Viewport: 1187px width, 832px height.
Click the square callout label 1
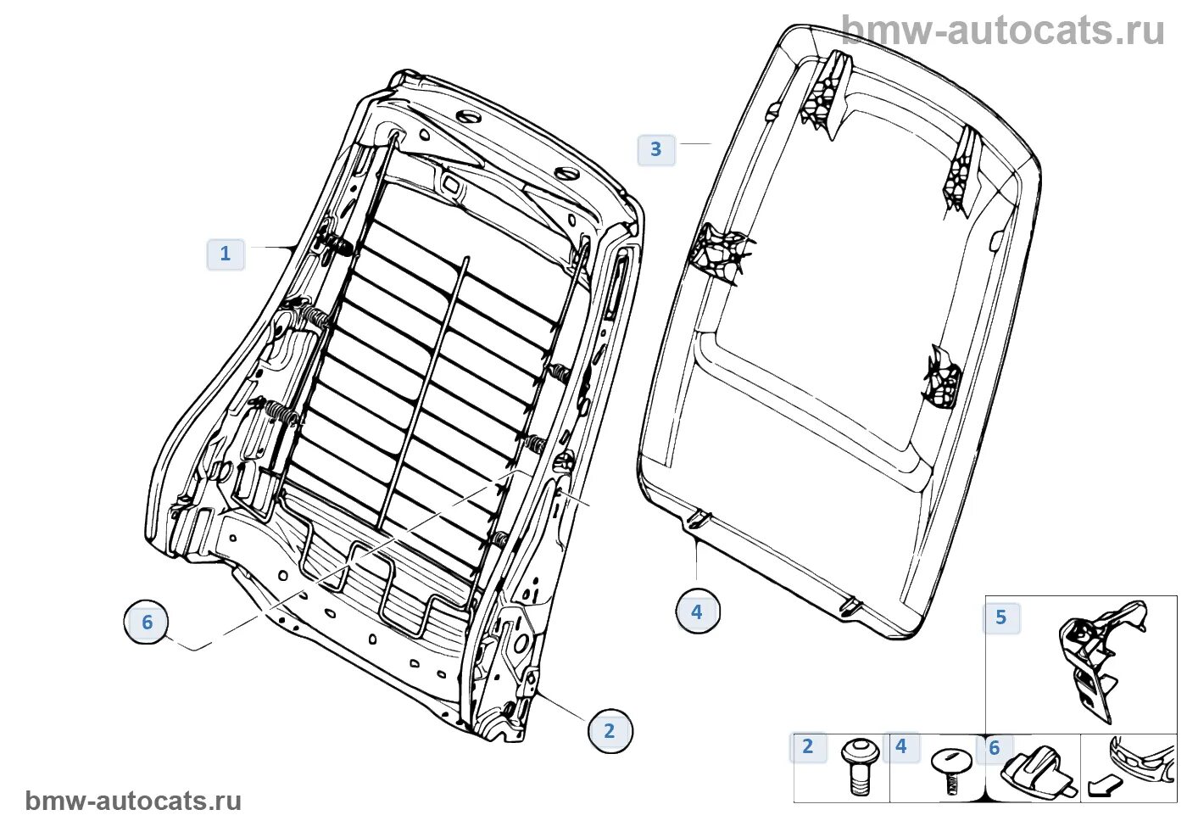226,254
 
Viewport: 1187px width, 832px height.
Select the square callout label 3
655,149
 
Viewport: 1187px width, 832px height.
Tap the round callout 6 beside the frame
147,623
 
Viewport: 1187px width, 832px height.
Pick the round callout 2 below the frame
610,731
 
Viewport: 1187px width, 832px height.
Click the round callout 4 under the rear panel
697,611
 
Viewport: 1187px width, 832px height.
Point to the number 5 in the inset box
1001,617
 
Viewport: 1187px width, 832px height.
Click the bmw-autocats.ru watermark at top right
1003,31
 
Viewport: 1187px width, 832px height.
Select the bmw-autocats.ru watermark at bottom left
133,801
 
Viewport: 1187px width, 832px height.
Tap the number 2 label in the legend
808,746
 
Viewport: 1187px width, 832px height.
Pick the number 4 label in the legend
901,746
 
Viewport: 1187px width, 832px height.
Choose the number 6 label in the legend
995,748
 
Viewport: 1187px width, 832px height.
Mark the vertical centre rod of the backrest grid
424,390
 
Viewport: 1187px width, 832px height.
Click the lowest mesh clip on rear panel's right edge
943,377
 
